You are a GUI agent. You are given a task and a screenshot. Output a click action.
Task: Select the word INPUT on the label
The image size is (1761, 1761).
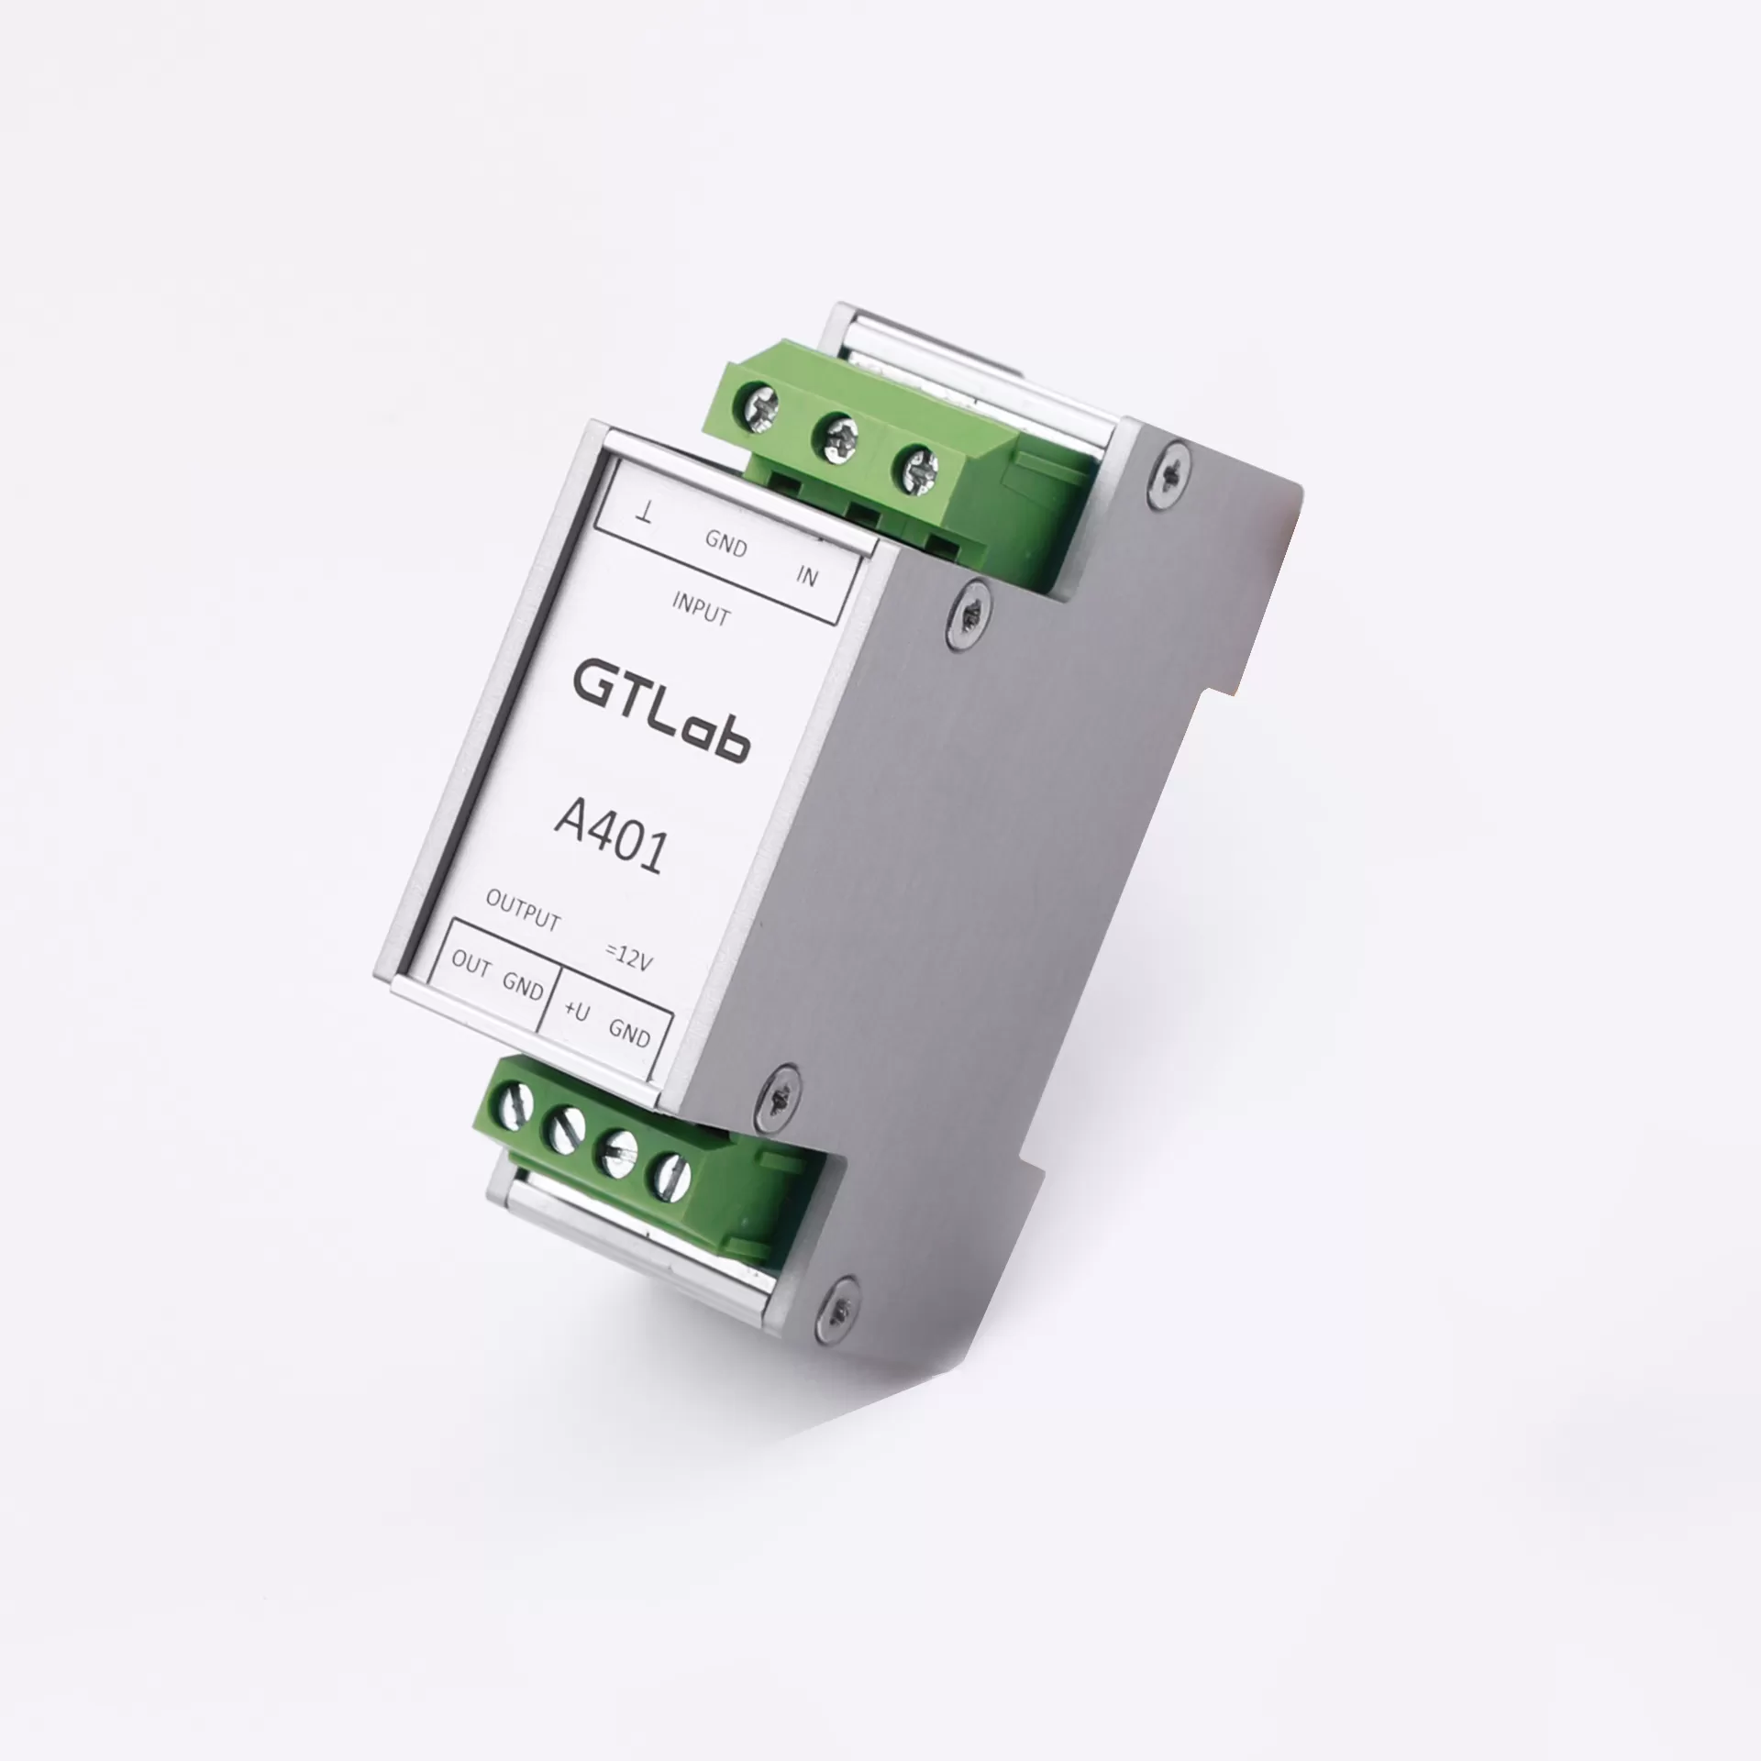coord(701,608)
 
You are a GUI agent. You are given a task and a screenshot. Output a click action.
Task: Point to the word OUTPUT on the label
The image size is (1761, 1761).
coord(523,911)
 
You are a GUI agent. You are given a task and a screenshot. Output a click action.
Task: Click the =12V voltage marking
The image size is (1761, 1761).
coord(629,958)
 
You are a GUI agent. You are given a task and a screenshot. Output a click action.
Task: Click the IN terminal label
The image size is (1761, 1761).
coord(806,575)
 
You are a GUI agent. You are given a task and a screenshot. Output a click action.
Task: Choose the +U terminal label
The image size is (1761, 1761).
coord(576,1011)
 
